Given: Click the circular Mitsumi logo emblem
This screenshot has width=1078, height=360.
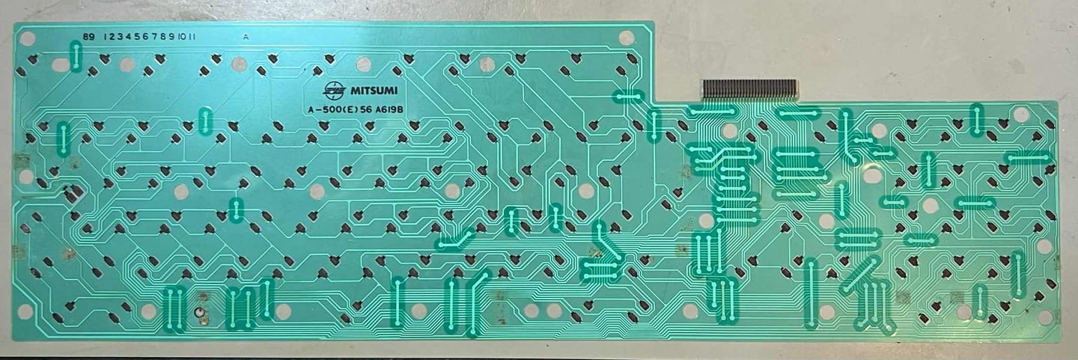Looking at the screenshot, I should pos(330,91).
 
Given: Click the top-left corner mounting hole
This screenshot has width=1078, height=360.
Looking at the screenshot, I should pos(27,37).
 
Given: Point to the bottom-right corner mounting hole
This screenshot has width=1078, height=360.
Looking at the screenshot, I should pos(1045,317).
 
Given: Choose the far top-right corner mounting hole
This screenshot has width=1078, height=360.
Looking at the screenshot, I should pos(1021,114).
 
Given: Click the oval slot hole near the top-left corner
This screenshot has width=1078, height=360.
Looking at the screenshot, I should pos(60,65).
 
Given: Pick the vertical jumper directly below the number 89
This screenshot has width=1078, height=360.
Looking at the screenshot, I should pos(76,56).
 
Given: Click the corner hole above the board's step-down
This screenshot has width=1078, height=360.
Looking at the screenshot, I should pos(627,37).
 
